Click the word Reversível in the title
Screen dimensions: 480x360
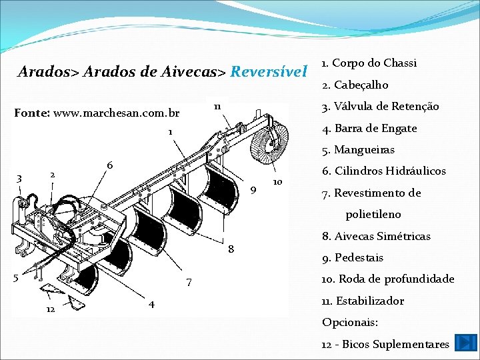click(268, 71)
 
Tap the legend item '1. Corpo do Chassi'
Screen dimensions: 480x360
click(369, 63)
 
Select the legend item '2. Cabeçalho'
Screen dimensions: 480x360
click(355, 85)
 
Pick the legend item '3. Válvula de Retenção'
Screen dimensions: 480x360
click(380, 107)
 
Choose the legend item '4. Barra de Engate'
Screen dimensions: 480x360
click(369, 128)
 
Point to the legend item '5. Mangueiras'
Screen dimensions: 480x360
click(359, 149)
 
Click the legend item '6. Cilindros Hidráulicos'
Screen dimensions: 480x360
click(385, 171)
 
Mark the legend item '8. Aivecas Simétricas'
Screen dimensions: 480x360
click(376, 236)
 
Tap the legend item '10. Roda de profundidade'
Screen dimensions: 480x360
click(387, 279)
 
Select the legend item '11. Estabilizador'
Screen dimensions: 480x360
click(363, 301)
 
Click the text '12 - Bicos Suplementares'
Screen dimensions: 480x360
click(385, 344)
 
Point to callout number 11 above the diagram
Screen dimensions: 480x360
click(217, 107)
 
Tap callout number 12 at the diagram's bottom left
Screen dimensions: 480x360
click(51, 311)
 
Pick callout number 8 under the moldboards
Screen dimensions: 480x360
click(231, 249)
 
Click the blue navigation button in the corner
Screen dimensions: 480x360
click(462, 343)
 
